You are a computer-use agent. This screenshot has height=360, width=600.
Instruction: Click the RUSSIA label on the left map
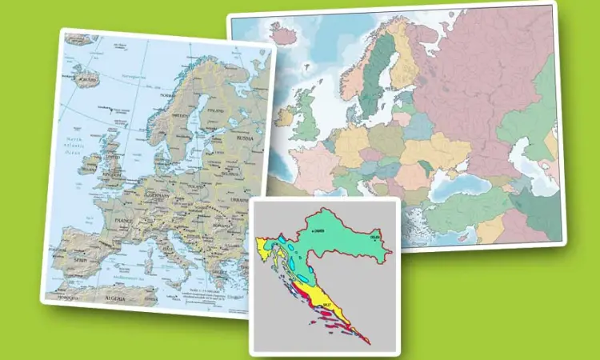point(243,138)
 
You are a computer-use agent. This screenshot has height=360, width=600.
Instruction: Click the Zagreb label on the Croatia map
point(319,230)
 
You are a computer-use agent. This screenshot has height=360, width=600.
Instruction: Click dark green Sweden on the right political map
point(373,80)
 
